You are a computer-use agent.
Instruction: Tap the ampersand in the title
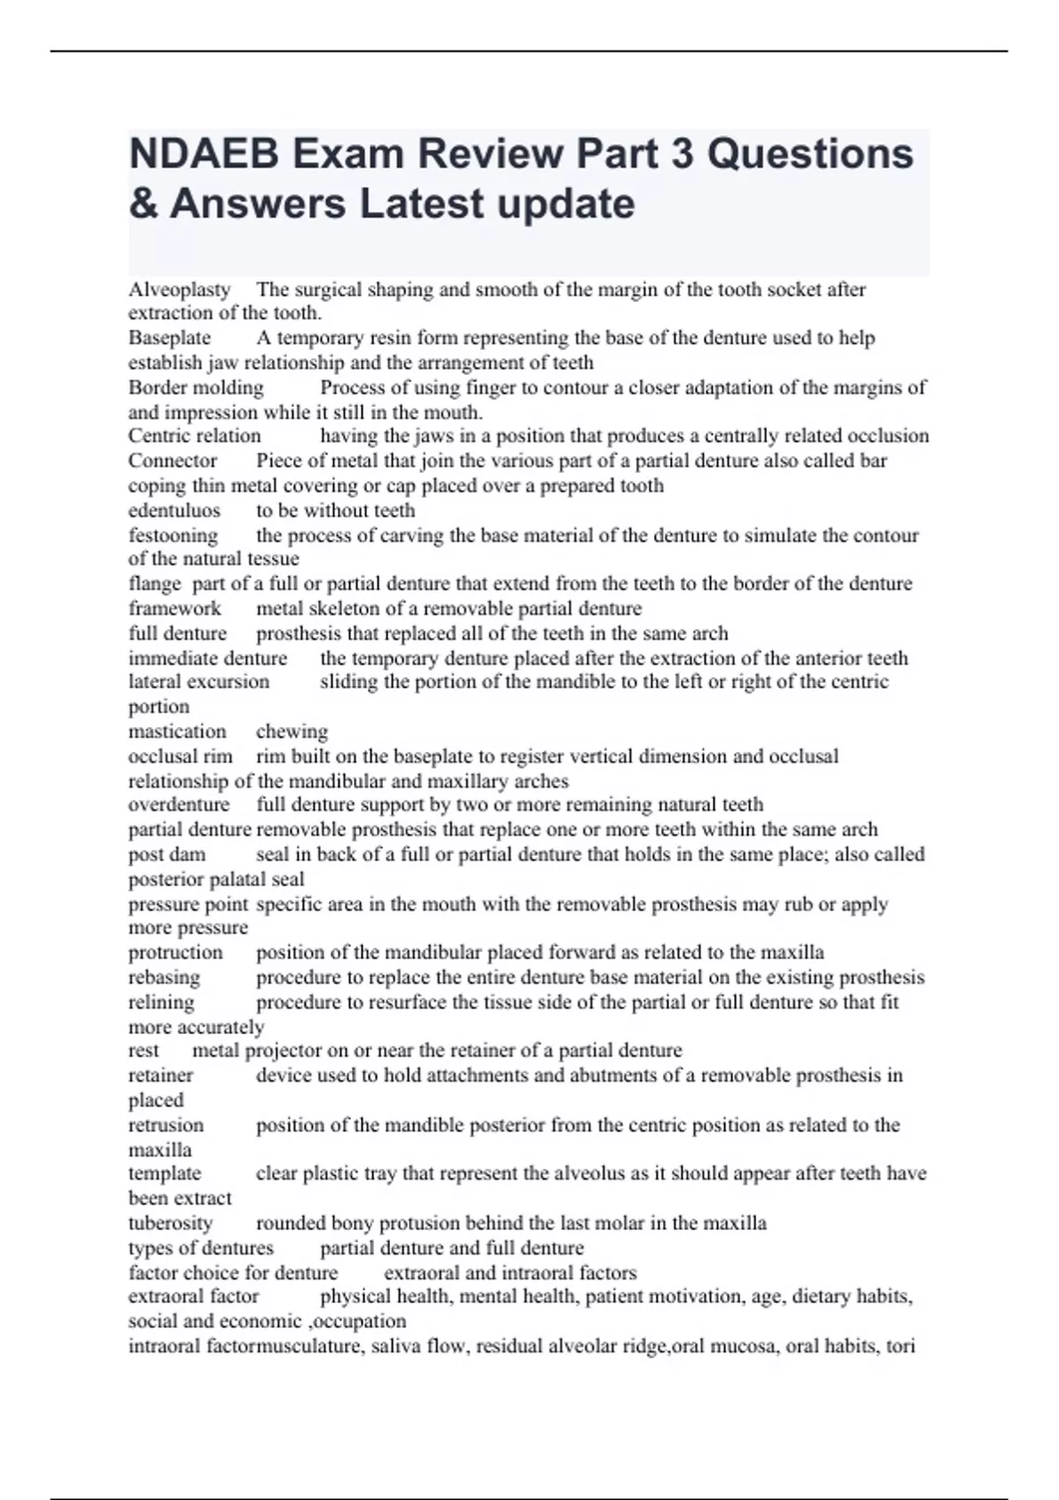coord(141,204)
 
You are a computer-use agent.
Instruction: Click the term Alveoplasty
coord(179,289)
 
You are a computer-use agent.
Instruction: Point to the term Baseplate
coord(169,338)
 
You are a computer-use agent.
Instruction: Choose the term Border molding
coord(196,387)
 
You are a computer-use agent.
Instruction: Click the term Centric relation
coord(194,436)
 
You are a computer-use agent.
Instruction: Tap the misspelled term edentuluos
coord(174,510)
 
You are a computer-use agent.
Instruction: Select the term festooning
coord(173,536)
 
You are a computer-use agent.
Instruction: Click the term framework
coord(175,608)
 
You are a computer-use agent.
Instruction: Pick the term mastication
coord(177,731)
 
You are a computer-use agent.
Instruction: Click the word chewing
coord(292,731)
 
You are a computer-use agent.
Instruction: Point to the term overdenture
coord(179,805)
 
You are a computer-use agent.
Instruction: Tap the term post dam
coord(167,854)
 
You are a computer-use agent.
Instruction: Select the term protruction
coord(176,953)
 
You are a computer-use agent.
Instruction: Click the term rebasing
coord(164,978)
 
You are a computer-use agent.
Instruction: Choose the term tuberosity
coord(170,1223)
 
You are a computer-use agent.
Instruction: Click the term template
coord(165,1174)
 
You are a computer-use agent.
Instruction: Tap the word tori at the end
coord(900,1346)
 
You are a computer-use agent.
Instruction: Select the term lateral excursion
coord(199,681)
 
